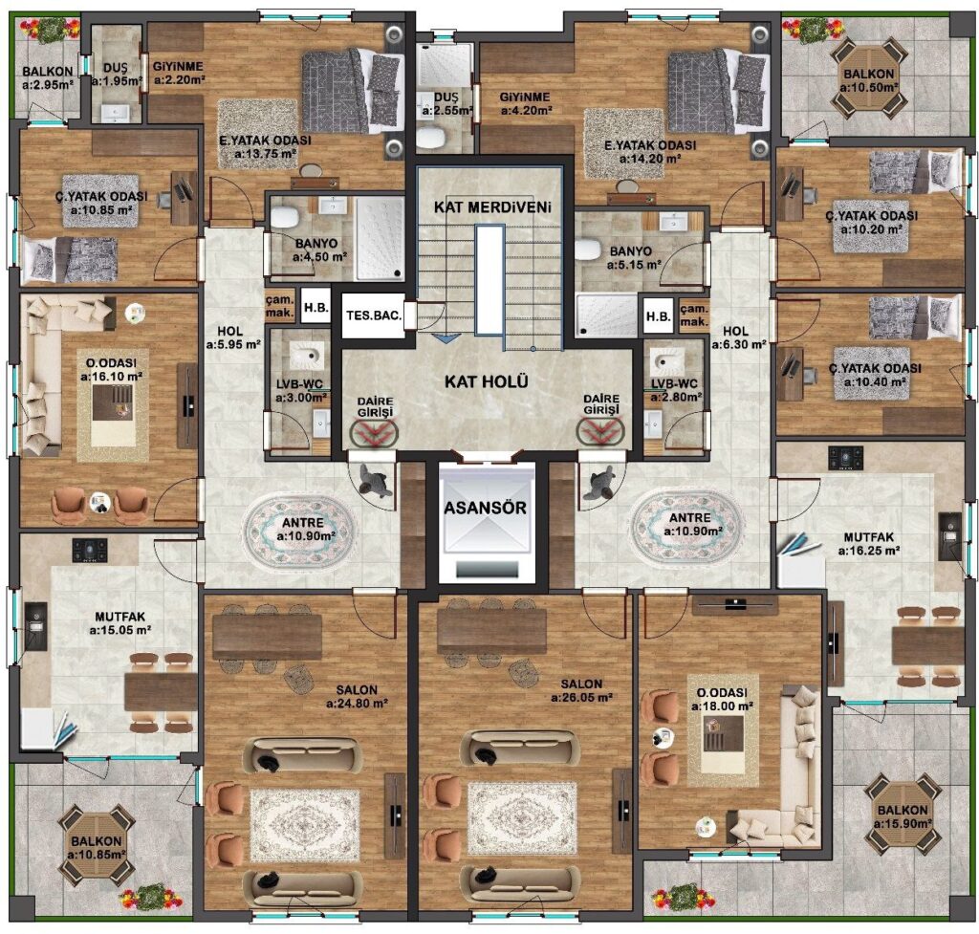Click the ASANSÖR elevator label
(485, 508)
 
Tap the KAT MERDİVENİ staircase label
(492, 206)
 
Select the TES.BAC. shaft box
(374, 315)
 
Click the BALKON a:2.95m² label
(48, 78)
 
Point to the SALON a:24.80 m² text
(357, 697)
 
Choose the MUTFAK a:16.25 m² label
(868, 544)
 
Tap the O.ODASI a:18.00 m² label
(722, 699)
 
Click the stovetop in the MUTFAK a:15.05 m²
(90, 550)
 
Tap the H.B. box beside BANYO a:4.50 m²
(315, 307)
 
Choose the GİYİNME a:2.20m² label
(179, 73)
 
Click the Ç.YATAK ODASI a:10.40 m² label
(875, 375)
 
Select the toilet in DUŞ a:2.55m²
(429, 138)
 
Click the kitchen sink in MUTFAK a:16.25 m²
(949, 536)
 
